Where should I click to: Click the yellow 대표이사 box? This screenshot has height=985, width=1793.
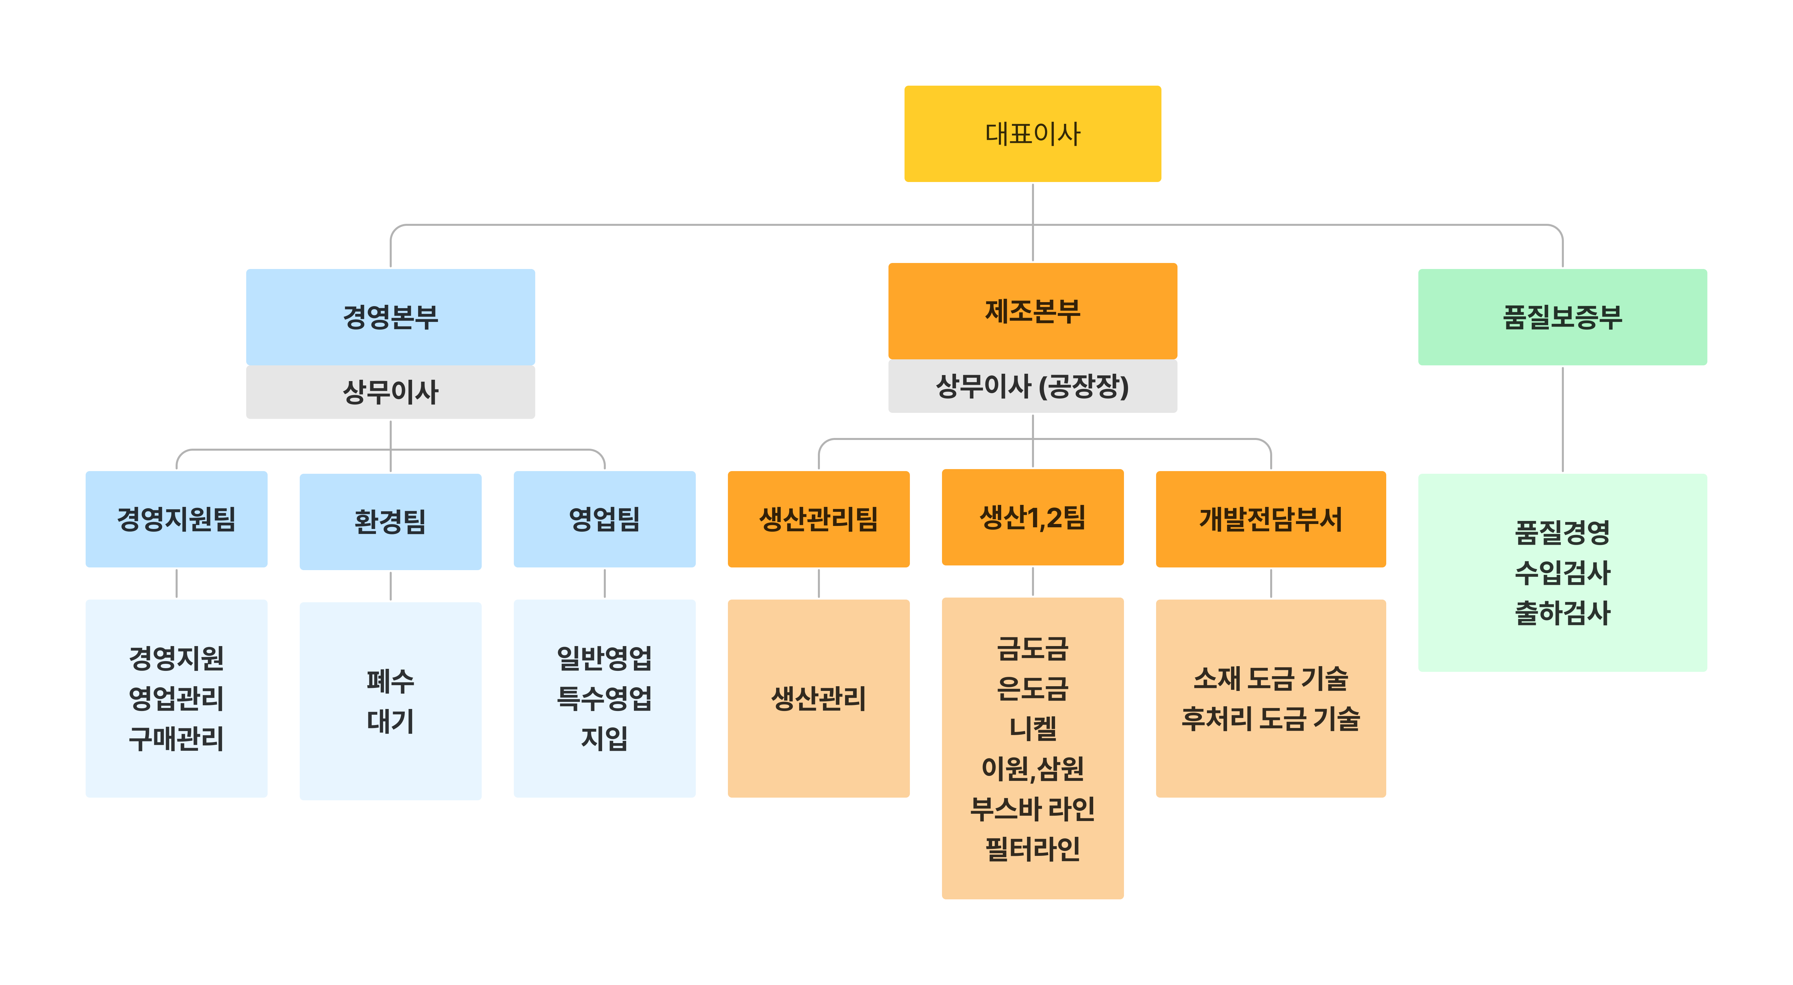[x=1032, y=133]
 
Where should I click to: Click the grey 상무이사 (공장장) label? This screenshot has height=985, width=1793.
[x=1032, y=386]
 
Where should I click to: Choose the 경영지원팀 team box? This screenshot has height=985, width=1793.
[x=176, y=519]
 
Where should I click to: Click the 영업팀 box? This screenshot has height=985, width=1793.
[x=604, y=519]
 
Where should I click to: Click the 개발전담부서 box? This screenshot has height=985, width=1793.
[x=1270, y=519]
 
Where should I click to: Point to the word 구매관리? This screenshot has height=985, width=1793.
[x=176, y=738]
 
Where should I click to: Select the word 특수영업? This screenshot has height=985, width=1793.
[x=604, y=698]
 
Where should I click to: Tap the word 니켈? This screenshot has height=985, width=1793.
[x=1032, y=728]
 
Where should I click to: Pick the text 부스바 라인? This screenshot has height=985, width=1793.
[x=1032, y=808]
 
